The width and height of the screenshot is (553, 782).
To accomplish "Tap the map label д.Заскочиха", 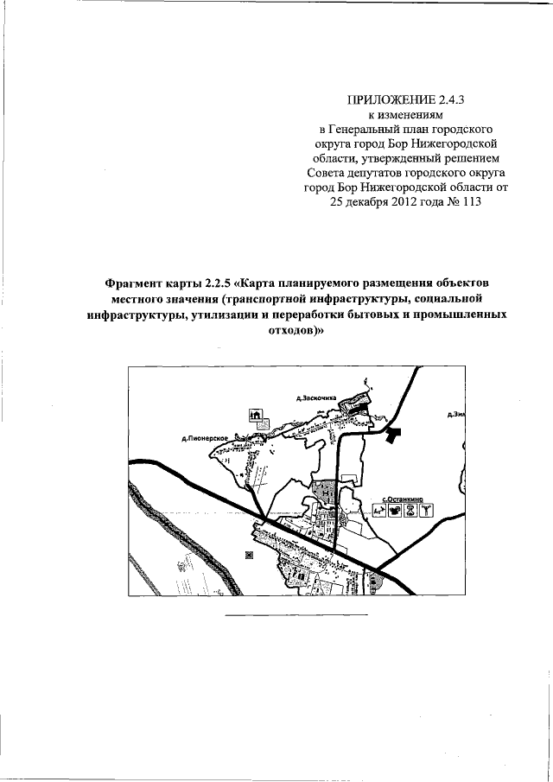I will [x=316, y=398].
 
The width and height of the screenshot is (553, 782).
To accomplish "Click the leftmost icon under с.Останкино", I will [x=380, y=509].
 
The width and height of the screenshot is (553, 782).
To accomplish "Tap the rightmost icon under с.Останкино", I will [x=426, y=509].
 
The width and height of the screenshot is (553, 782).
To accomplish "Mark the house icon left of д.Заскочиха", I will [x=255, y=415].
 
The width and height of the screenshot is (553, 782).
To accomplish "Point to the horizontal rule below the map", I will [x=296, y=614].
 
